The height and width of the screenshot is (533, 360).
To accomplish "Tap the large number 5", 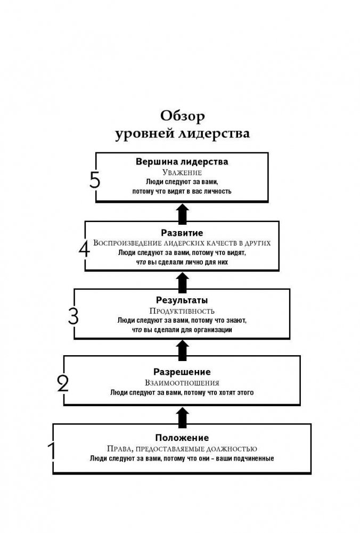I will (95, 181).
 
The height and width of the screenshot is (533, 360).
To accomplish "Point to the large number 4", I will (84, 249).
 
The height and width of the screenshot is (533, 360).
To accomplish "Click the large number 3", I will (73, 316).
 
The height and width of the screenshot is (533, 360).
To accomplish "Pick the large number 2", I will (63, 383).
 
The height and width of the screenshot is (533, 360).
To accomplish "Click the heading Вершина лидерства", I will (182, 161).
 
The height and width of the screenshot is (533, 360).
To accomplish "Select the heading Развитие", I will (182, 233).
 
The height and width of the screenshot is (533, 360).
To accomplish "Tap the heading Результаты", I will (182, 300).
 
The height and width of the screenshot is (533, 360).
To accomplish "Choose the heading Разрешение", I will (182, 372).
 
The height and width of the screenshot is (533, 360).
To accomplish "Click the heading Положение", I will (182, 438).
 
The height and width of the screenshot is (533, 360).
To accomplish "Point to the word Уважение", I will (182, 173).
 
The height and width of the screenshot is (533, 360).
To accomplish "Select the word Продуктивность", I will (182, 310).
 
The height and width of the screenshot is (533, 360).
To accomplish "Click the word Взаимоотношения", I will (182, 382).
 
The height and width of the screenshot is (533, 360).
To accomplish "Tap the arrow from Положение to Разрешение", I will (182, 417).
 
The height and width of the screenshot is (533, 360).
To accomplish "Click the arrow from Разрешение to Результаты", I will (182, 349).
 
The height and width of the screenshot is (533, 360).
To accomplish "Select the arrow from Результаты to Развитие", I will (182, 282).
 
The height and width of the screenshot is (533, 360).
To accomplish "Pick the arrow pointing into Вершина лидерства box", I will (182, 214).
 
